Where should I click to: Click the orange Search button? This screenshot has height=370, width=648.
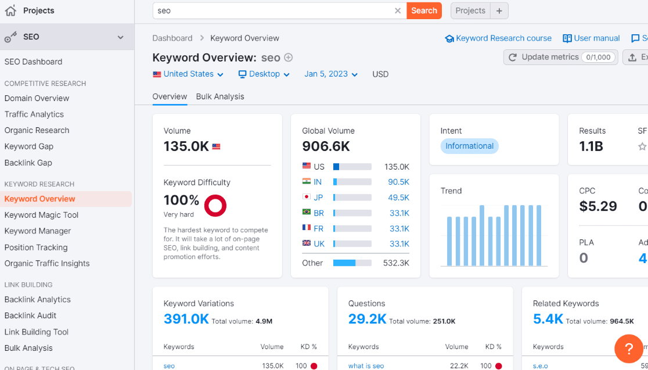[x=424, y=10]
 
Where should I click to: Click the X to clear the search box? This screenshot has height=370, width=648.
[x=398, y=10]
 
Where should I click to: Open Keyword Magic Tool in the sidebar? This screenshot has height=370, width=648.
[x=41, y=215]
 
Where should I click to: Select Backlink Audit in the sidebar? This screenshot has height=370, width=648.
[x=31, y=315]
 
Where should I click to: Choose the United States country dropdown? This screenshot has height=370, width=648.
[x=188, y=74]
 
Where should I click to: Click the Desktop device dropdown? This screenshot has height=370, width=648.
[x=259, y=74]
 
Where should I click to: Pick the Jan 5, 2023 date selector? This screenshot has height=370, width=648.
[x=331, y=74]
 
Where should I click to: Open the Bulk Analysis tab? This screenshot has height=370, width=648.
[x=220, y=96]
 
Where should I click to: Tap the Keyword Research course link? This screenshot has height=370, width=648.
[x=498, y=38]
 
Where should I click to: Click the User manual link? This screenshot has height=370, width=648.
[x=591, y=38]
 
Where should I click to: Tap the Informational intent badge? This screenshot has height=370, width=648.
[x=469, y=146]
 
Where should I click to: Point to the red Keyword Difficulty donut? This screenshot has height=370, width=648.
[x=215, y=205]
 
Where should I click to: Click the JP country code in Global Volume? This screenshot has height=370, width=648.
[x=318, y=197]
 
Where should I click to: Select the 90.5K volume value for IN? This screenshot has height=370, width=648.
[x=398, y=182]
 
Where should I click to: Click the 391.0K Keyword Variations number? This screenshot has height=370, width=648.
[x=186, y=319]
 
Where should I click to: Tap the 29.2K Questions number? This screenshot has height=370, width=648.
[x=367, y=319]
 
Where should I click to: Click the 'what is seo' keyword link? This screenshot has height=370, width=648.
[x=366, y=366]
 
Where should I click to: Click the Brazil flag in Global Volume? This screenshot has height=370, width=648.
[x=307, y=213]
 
